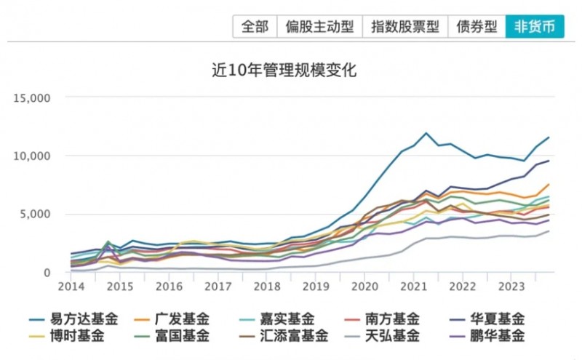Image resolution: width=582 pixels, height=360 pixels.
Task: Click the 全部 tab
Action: coord(255,27)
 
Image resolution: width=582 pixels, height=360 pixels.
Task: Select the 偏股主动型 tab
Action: coord(319,27)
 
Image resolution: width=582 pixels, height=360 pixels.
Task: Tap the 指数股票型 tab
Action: coord(405,27)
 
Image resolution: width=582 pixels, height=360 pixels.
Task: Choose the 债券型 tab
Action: coord(477,27)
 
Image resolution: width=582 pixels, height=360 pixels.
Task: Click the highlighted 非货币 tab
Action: coord(535,27)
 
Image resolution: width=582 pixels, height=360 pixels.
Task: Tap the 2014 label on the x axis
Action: coord(71,287)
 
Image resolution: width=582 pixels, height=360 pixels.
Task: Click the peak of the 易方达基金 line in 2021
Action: coord(426,133)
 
